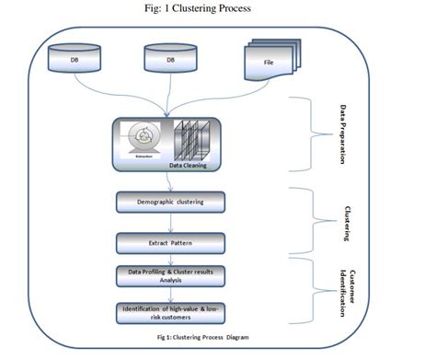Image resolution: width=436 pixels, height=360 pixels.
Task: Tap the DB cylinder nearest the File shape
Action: tap(170, 60)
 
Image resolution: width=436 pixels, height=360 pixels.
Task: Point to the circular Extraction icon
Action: tap(145, 140)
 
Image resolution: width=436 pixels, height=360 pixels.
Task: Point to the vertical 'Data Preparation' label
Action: tap(340, 134)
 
